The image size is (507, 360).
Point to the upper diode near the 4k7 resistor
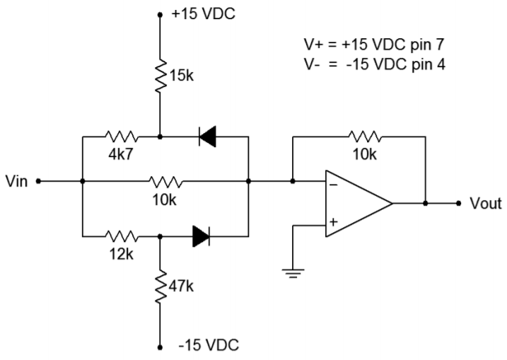point(207,136)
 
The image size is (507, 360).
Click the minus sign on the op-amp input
point(333,185)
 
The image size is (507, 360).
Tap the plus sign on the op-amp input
point(333,221)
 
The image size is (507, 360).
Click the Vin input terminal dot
point(37,181)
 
